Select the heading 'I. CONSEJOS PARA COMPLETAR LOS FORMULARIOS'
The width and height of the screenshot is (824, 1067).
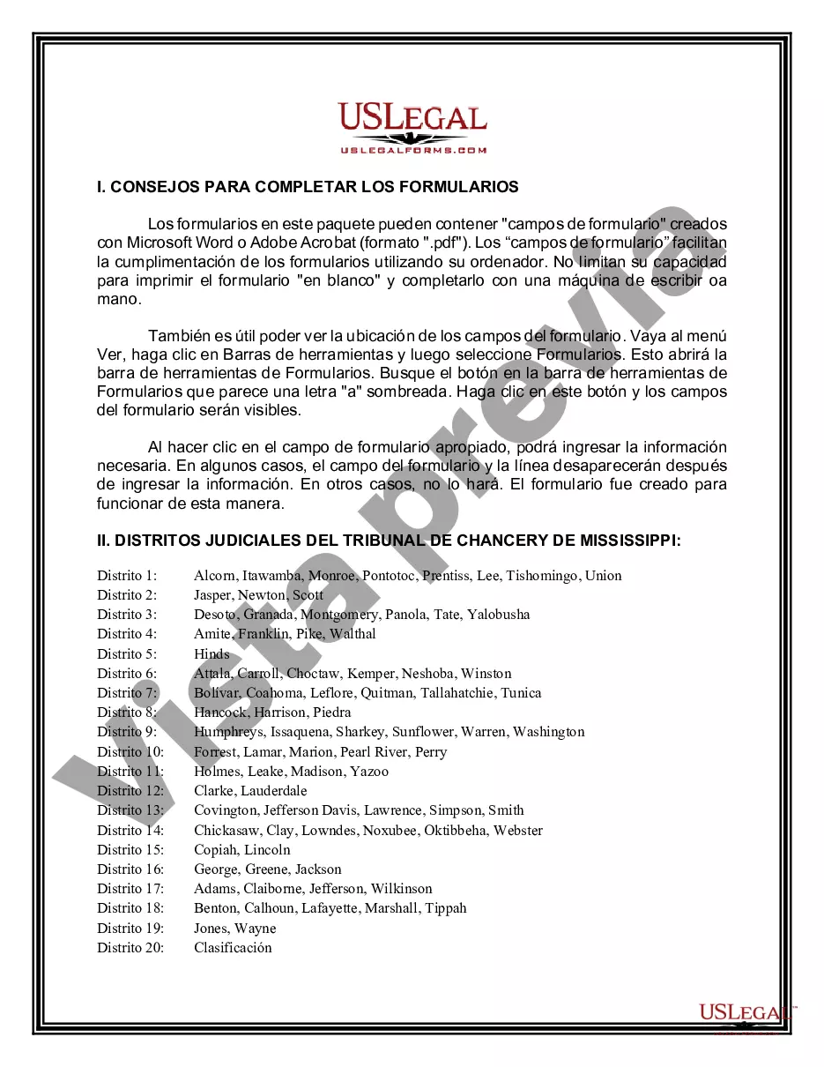[x=308, y=187]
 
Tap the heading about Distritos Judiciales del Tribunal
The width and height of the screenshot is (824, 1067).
[x=389, y=541]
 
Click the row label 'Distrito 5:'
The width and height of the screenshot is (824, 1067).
[x=127, y=654]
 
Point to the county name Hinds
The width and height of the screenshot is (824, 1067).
[x=212, y=654]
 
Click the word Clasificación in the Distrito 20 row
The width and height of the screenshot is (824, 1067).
[x=233, y=948]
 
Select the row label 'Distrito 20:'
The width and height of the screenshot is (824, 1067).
[x=130, y=948]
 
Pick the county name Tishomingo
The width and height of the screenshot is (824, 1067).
[x=542, y=576]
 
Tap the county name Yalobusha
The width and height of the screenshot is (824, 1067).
[x=499, y=615]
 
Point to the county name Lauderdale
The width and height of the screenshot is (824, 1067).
[x=274, y=791]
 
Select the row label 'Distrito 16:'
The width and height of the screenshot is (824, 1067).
[x=130, y=869]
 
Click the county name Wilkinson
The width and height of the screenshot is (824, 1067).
[x=401, y=889]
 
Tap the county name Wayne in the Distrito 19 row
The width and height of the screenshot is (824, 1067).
[x=257, y=929]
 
